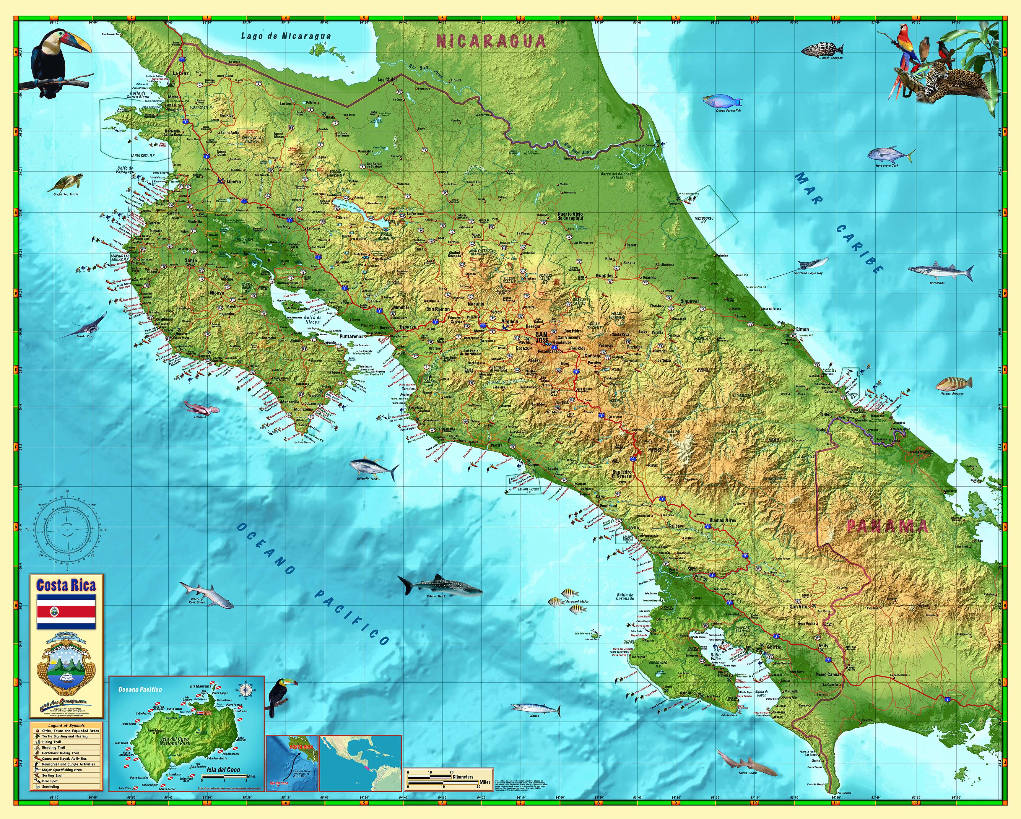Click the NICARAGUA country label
[491, 41]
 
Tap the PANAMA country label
[887, 526]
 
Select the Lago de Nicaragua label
[286, 36]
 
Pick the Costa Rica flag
[66, 612]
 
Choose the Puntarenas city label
[351, 336]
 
